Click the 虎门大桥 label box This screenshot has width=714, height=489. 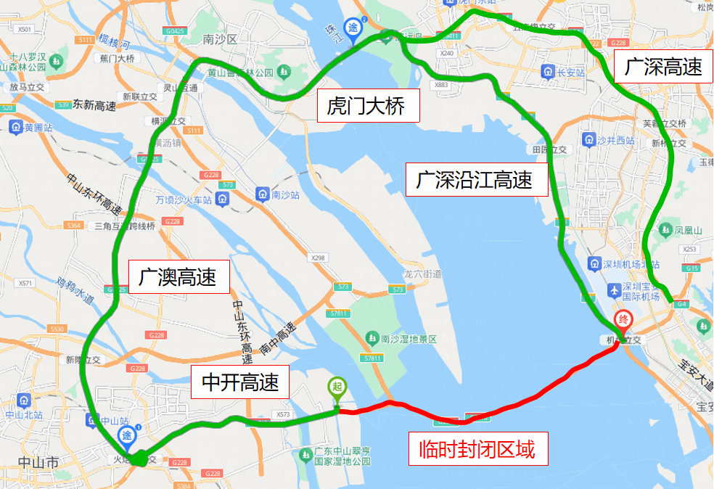coord(370,107)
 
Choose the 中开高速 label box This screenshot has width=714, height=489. coord(239,381)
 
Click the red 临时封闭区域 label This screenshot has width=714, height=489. coord(477,451)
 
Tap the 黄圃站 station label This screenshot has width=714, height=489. coord(35,128)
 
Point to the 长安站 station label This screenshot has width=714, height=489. coord(569,72)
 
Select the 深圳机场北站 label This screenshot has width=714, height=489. coord(628,263)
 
